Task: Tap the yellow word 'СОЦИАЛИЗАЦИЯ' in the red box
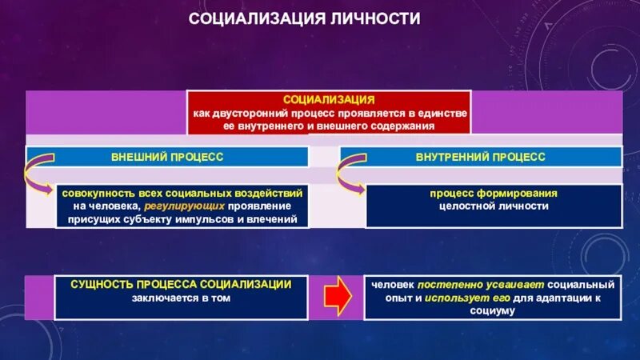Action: point(329,100)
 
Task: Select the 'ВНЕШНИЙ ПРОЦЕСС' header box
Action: point(167,157)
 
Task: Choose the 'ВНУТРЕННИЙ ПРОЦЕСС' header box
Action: point(481,157)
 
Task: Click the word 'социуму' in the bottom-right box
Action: point(493,310)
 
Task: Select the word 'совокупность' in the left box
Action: point(94,194)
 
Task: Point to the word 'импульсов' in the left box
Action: point(226,218)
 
